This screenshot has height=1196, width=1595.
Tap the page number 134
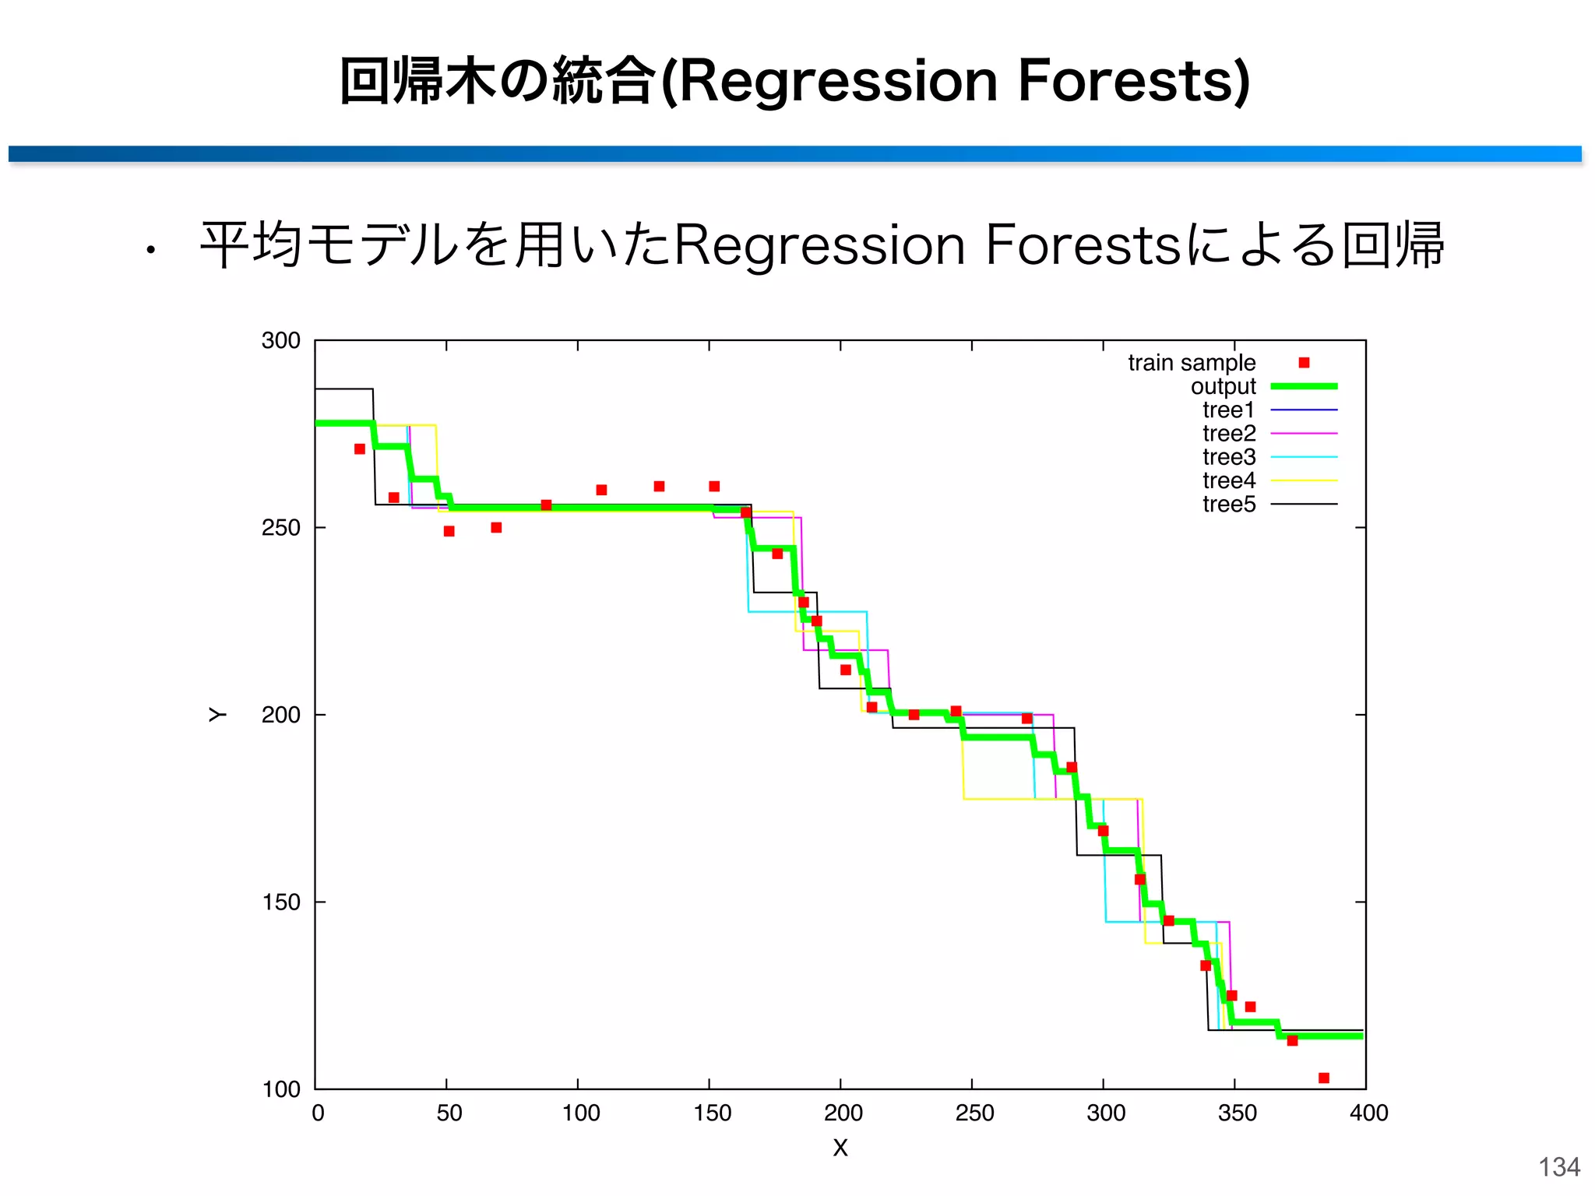point(1559,1167)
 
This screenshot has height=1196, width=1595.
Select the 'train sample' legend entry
point(1192,363)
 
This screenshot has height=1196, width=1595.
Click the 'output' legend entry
point(1223,386)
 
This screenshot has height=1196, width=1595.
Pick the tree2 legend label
point(1229,434)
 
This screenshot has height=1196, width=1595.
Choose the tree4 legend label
point(1229,480)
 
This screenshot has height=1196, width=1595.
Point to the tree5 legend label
point(1229,505)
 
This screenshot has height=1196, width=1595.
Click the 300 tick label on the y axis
point(280,341)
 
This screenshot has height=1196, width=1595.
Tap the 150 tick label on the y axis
point(280,902)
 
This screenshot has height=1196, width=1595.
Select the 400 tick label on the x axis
point(1368,1113)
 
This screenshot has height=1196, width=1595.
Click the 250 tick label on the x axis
point(974,1113)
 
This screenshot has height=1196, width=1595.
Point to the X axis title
point(840,1148)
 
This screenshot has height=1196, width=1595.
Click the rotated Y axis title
point(217,715)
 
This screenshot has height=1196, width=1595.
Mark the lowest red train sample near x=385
point(1323,1078)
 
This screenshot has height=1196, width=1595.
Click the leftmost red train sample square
point(360,449)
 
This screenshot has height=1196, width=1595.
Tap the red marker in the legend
point(1304,363)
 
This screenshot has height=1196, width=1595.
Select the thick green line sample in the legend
point(1304,386)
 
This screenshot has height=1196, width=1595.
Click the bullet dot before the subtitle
point(150,251)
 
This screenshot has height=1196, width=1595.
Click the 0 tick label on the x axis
point(318,1113)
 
